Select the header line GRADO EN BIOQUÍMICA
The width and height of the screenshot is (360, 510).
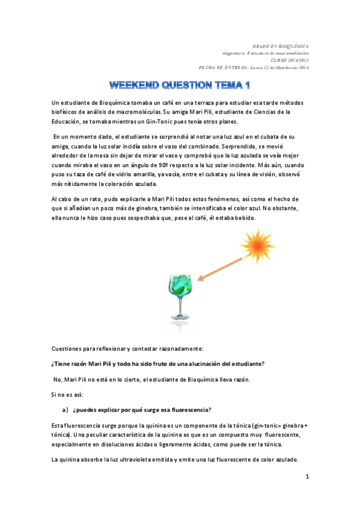[x=281, y=46]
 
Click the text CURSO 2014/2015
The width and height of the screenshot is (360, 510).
[x=290, y=60]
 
